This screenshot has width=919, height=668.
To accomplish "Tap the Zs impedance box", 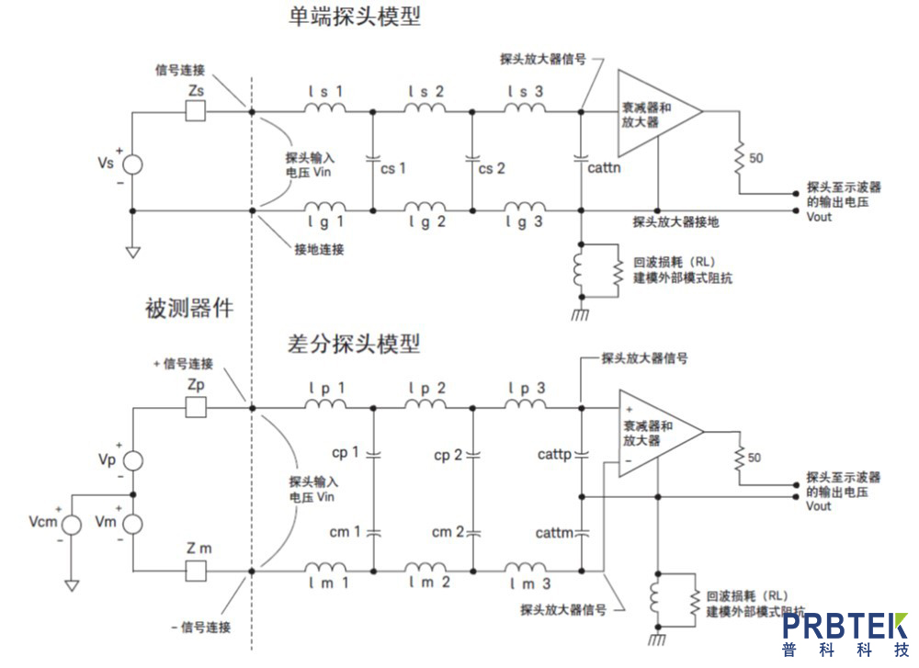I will click(x=196, y=111).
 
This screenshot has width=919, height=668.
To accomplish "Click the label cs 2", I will click(x=492, y=168).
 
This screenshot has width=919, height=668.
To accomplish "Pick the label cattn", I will click(x=604, y=168).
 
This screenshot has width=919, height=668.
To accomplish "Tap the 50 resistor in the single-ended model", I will click(x=737, y=158).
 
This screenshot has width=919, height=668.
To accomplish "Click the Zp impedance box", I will click(x=196, y=405).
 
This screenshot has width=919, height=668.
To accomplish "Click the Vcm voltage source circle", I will click(x=71, y=522).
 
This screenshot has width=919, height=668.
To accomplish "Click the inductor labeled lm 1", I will click(x=326, y=567).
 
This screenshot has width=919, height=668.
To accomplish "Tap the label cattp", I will click(x=553, y=454).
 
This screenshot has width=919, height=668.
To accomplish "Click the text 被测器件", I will click(x=188, y=309).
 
